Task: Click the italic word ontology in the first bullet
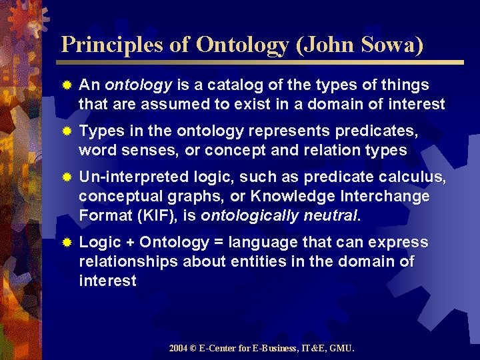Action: coord(139,85)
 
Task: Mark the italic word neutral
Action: coord(331,216)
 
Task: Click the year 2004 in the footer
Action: coord(178,348)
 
